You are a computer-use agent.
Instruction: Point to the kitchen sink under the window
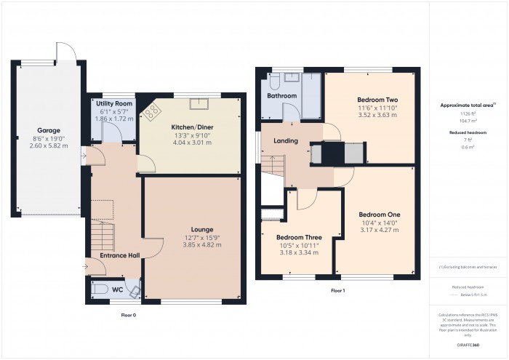pyautogui.click(x=196, y=102)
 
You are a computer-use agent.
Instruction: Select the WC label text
pyautogui.click(x=117, y=289)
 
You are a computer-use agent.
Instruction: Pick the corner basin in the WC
pyautogui.click(x=135, y=291)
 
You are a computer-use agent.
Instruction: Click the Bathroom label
pyautogui.click(x=281, y=95)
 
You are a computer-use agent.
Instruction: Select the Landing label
pyautogui.click(x=285, y=140)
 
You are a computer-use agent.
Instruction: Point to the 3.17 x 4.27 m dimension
pyautogui.click(x=379, y=230)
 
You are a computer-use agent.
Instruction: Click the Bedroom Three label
pyautogui.click(x=299, y=237)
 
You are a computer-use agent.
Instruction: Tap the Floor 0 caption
pyautogui.click(x=127, y=315)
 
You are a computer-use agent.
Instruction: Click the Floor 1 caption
pyautogui.click(x=337, y=291)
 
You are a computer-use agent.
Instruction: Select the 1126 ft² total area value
pyautogui.click(x=467, y=113)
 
